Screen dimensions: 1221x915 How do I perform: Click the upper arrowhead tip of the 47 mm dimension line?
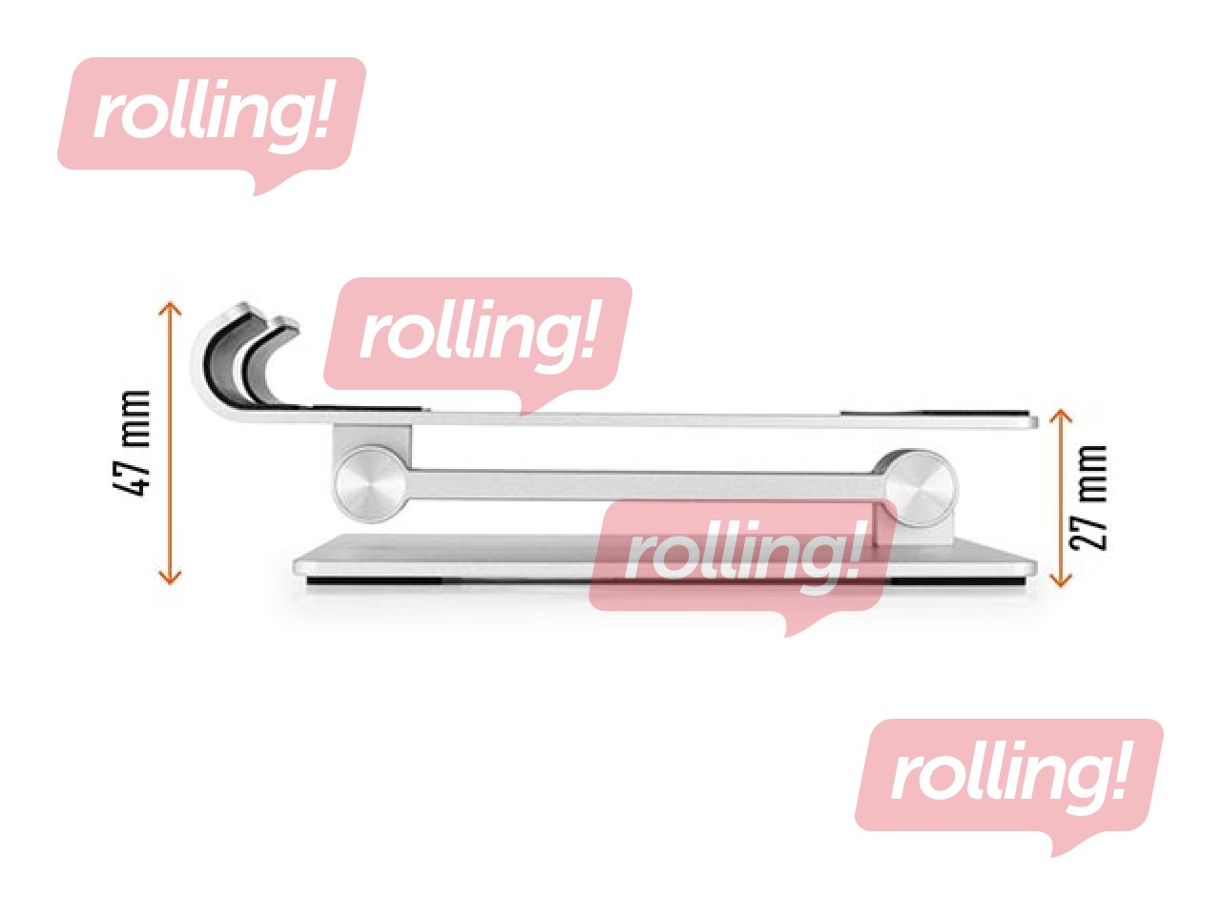tap(170, 303)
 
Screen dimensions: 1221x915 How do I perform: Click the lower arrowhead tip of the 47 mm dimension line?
tap(170, 584)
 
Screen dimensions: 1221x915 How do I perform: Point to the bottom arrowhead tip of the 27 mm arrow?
tap(1060, 587)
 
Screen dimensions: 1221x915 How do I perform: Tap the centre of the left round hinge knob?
tap(371, 484)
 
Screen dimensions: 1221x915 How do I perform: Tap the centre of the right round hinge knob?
tap(921, 489)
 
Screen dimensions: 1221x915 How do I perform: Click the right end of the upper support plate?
tap(1037, 422)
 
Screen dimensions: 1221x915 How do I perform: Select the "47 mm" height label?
tap(133, 444)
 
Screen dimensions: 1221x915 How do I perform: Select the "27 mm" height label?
tap(1088, 498)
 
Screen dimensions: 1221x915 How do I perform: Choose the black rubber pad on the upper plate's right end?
tap(935, 415)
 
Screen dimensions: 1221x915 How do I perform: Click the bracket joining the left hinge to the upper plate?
tap(372, 441)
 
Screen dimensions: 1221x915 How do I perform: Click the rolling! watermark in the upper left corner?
tap(212, 126)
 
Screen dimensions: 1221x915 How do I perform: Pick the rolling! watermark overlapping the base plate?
tap(743, 568)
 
